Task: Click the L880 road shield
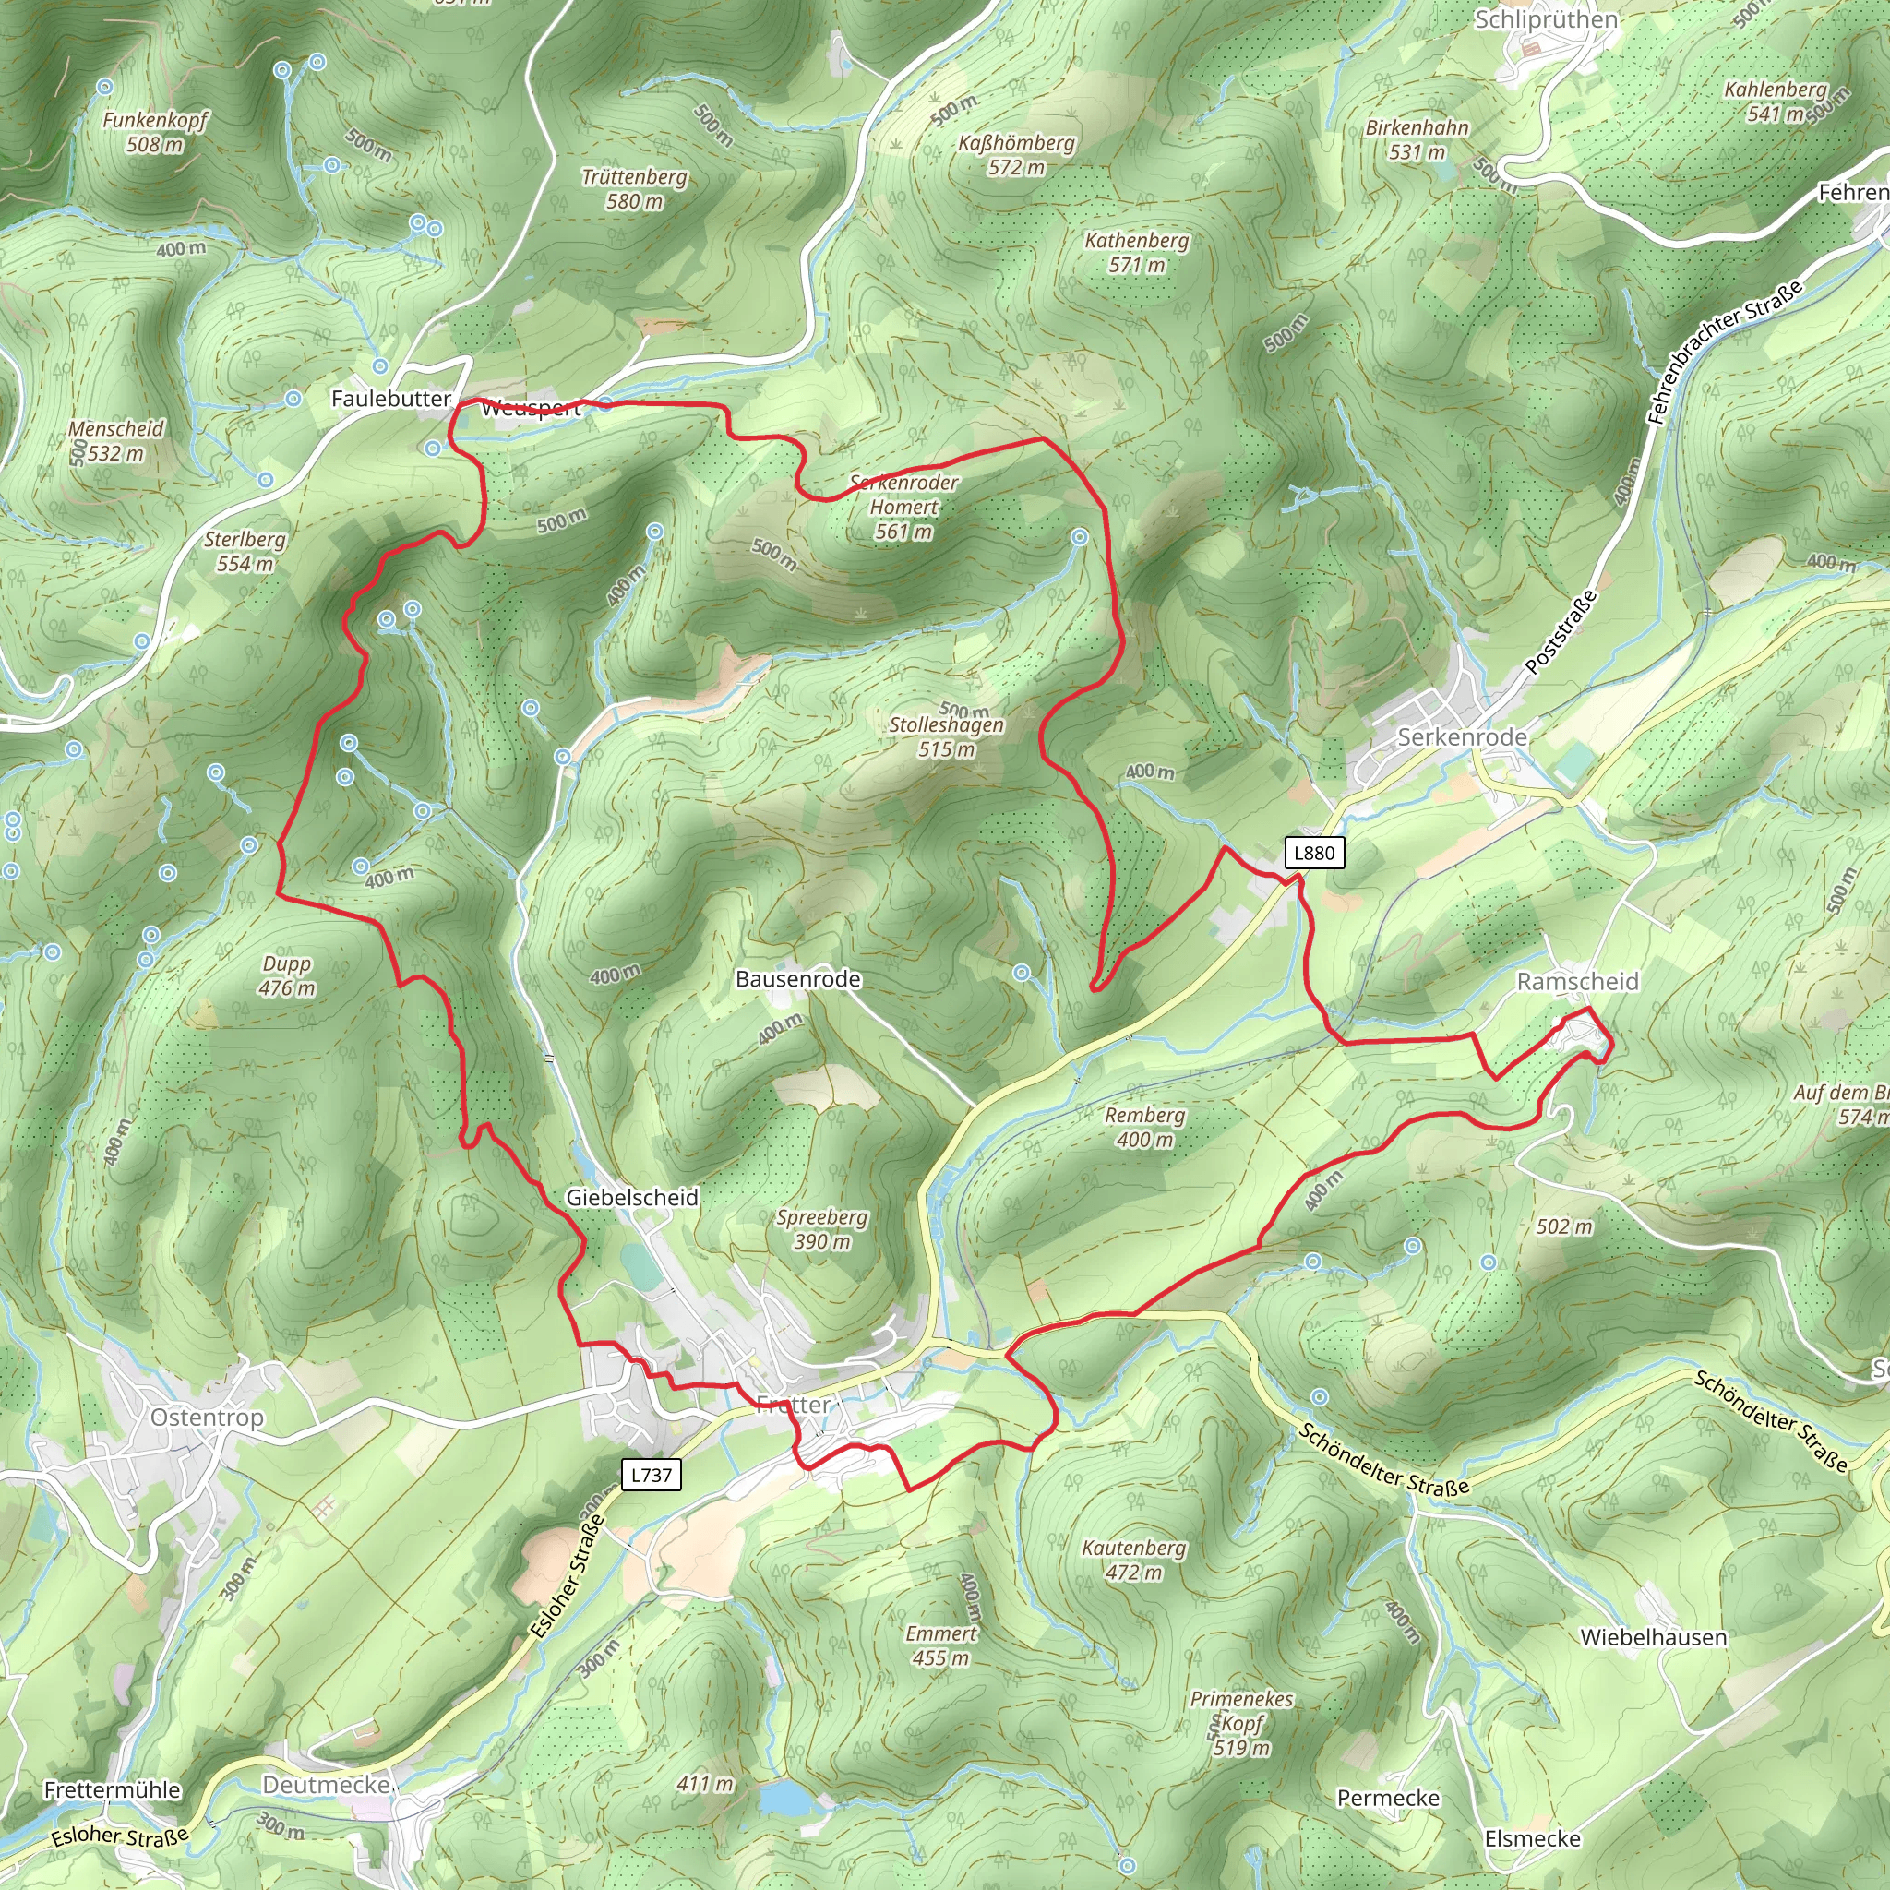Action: point(1313,853)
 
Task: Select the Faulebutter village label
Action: point(390,398)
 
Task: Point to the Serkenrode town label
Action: point(1462,736)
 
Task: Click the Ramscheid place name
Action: point(1577,981)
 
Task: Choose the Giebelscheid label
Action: point(632,1196)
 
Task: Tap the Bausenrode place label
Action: point(797,979)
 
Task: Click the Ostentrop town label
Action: point(207,1417)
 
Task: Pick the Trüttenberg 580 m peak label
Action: point(634,189)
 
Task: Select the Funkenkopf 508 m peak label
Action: point(156,132)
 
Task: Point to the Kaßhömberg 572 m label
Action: point(1016,154)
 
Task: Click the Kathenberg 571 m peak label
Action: point(1137,252)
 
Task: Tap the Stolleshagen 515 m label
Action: point(946,736)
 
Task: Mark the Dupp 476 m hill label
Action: point(287,975)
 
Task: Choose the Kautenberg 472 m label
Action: point(1134,1560)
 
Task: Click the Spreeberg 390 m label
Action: point(821,1228)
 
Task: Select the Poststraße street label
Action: point(1561,632)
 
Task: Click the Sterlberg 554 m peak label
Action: point(245,551)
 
